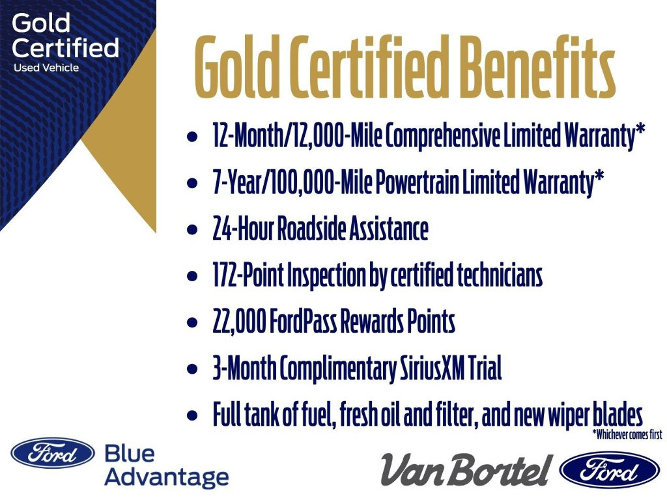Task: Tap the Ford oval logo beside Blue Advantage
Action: [53, 452]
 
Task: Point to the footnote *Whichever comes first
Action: [627, 435]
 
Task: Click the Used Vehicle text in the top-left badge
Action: [46, 68]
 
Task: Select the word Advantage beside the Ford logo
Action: [167, 477]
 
